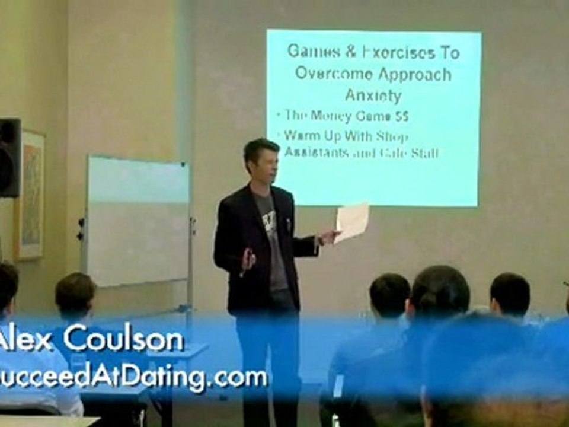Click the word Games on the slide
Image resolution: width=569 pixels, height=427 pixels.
click(311, 52)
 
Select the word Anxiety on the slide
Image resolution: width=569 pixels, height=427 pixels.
click(373, 95)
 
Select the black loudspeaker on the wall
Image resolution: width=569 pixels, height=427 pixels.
click(10, 157)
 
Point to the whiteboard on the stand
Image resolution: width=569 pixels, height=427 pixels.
click(138, 219)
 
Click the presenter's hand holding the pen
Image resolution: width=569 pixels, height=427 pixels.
click(248, 260)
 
